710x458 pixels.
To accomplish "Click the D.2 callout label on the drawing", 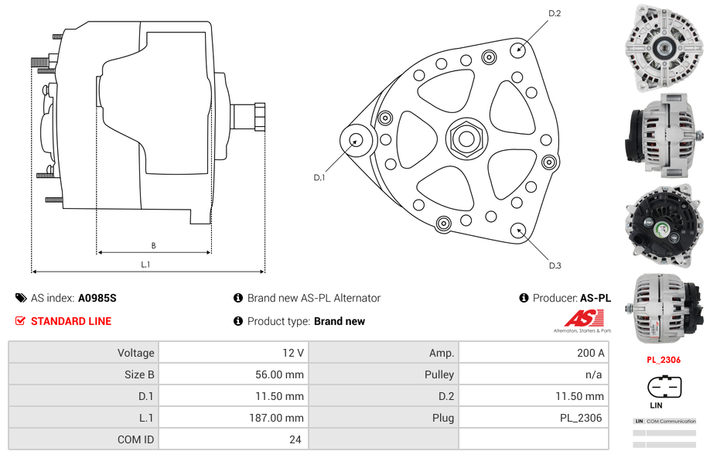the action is [x=555, y=14].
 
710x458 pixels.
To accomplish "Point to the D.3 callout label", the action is [x=555, y=265].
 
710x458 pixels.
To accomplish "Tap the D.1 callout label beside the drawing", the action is [x=319, y=178].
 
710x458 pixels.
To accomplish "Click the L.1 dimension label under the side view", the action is [x=145, y=265].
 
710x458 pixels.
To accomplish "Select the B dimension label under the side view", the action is [x=153, y=245].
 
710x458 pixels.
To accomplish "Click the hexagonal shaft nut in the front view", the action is [x=466, y=138].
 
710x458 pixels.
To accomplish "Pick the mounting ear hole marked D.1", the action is [x=356, y=140].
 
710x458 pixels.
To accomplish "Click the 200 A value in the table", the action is [x=590, y=353].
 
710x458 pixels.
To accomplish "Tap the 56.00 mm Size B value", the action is [x=279, y=374].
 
